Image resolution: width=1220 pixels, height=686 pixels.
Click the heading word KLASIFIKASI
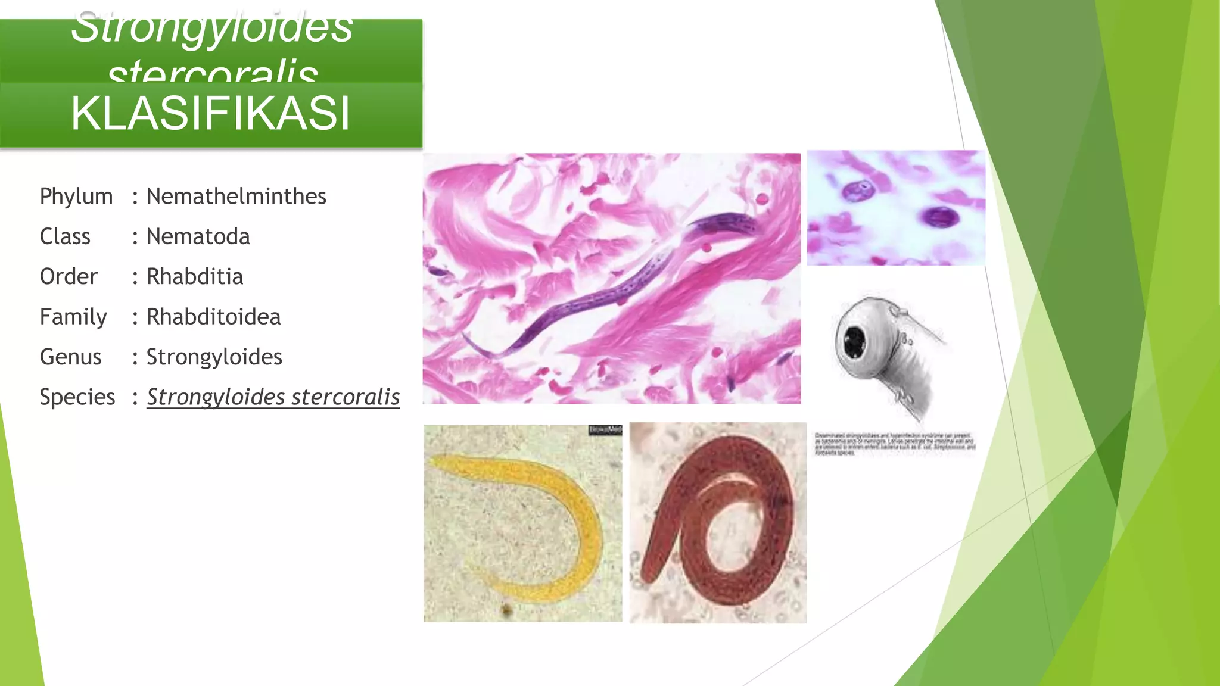click(x=210, y=113)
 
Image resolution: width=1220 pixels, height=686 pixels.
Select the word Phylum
click(x=76, y=197)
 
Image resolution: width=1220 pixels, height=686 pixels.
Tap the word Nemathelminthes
click(x=236, y=197)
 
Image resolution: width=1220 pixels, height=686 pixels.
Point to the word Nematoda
click(x=198, y=236)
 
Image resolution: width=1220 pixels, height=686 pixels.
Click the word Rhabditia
click(x=195, y=277)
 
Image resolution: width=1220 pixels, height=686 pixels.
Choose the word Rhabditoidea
click(x=213, y=317)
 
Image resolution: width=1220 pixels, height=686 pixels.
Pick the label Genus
click(x=70, y=357)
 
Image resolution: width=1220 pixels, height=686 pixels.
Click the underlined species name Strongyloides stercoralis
click(x=273, y=397)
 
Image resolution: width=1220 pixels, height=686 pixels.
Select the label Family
click(x=73, y=317)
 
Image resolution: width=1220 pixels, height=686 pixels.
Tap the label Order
click(x=69, y=277)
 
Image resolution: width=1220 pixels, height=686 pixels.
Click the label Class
click(x=65, y=236)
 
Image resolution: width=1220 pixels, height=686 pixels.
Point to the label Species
click(x=77, y=397)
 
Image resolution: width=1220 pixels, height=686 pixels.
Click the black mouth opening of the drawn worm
click(x=855, y=342)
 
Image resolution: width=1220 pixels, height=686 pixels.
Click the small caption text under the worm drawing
click(x=895, y=444)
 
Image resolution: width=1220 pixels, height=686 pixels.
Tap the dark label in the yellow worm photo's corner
click(x=605, y=430)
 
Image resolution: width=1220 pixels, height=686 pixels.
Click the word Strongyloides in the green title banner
click(x=212, y=29)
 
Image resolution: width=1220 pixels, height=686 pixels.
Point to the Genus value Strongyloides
click(x=214, y=357)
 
